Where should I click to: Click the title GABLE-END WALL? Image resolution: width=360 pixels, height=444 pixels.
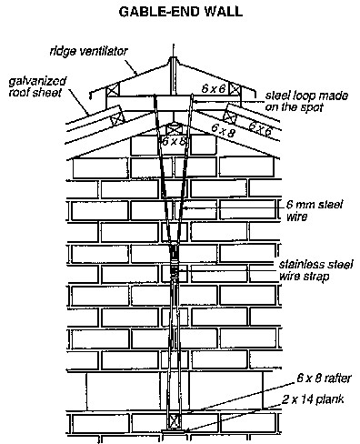[x=181, y=12]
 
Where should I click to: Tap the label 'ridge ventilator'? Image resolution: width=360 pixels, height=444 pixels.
[x=89, y=51]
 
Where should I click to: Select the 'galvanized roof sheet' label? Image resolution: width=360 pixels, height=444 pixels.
[x=37, y=86]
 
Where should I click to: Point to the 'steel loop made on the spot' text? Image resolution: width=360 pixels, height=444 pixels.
[x=306, y=101]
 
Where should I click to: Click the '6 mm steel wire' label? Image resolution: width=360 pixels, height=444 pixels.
[x=315, y=210]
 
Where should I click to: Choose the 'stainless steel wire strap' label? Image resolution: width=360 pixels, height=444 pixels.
[x=315, y=270]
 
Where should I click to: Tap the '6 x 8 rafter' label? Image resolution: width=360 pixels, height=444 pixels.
[x=324, y=378]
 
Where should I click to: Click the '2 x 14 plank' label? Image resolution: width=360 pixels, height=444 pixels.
[x=313, y=399]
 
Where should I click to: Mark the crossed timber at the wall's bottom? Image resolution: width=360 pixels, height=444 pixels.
[x=174, y=422]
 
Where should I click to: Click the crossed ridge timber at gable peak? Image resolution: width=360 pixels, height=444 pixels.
[x=174, y=129]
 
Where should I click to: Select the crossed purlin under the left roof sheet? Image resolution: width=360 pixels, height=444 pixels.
[x=117, y=118]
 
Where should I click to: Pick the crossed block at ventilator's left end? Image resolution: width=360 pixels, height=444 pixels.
[x=112, y=90]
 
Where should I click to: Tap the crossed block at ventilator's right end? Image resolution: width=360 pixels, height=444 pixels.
[x=235, y=89]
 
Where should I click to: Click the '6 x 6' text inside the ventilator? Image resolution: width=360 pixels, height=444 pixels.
[x=214, y=88]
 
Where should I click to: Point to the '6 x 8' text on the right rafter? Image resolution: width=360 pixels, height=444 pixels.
[x=223, y=131]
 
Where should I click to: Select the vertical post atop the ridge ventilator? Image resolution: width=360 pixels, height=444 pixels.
[x=173, y=75]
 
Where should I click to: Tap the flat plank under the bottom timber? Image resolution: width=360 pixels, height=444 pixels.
[x=174, y=430]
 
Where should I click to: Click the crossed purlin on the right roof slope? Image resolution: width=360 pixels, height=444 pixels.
[x=229, y=116]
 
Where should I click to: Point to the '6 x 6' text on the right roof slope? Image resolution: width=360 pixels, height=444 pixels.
[x=261, y=128]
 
